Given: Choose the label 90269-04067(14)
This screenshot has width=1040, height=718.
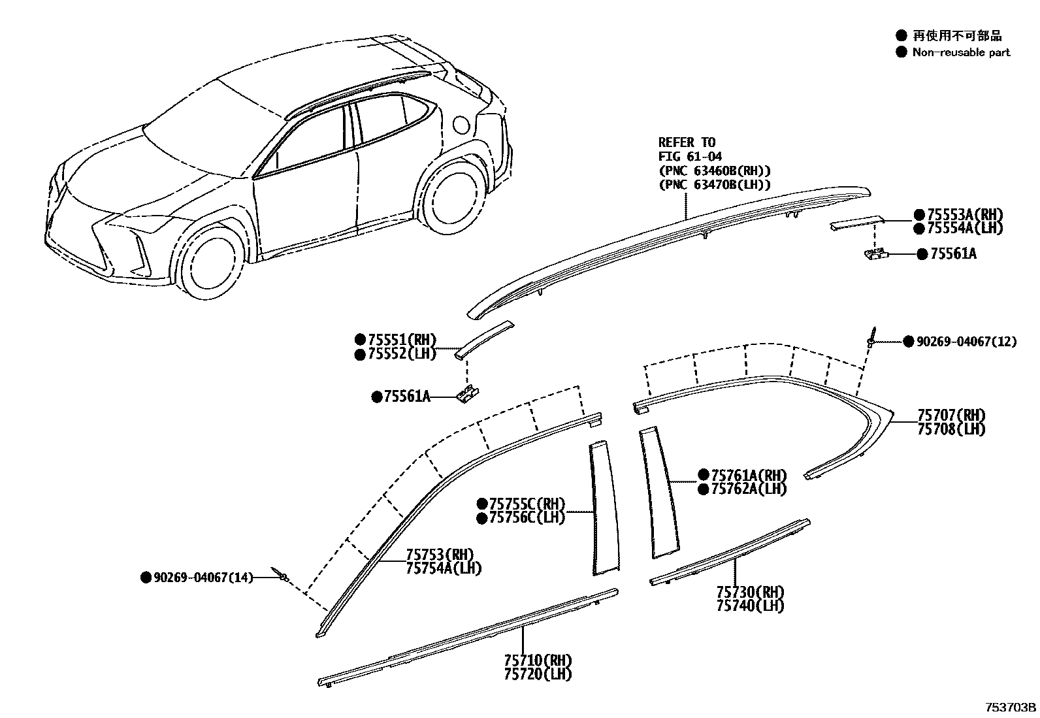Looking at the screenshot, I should coord(203,578).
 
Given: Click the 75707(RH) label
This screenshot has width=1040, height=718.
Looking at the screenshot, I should coord(951,416).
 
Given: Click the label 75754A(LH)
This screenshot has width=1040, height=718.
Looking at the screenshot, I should coord(444,568).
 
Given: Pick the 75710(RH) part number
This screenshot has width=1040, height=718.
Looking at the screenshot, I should coord(538,661).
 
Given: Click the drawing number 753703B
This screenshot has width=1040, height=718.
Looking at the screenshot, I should coord(1011,708).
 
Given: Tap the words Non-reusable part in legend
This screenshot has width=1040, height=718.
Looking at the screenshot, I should coord(961,52).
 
